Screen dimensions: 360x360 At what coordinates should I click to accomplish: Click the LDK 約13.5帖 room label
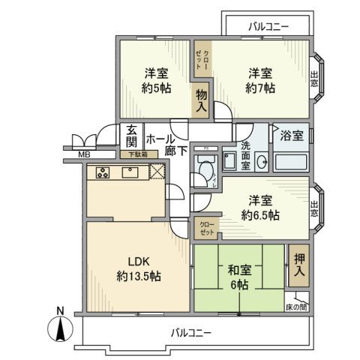[138, 268]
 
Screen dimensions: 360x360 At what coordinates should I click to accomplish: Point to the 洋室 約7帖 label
[260, 80]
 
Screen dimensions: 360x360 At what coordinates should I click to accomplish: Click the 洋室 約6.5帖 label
[259, 208]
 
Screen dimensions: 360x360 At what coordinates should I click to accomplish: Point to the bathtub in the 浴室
[292, 161]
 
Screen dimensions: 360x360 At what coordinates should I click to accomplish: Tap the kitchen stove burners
[103, 172]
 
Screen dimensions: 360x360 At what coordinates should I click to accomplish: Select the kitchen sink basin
[129, 172]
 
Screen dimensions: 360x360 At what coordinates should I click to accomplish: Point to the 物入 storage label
[202, 100]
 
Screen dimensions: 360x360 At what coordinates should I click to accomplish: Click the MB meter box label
[85, 156]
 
